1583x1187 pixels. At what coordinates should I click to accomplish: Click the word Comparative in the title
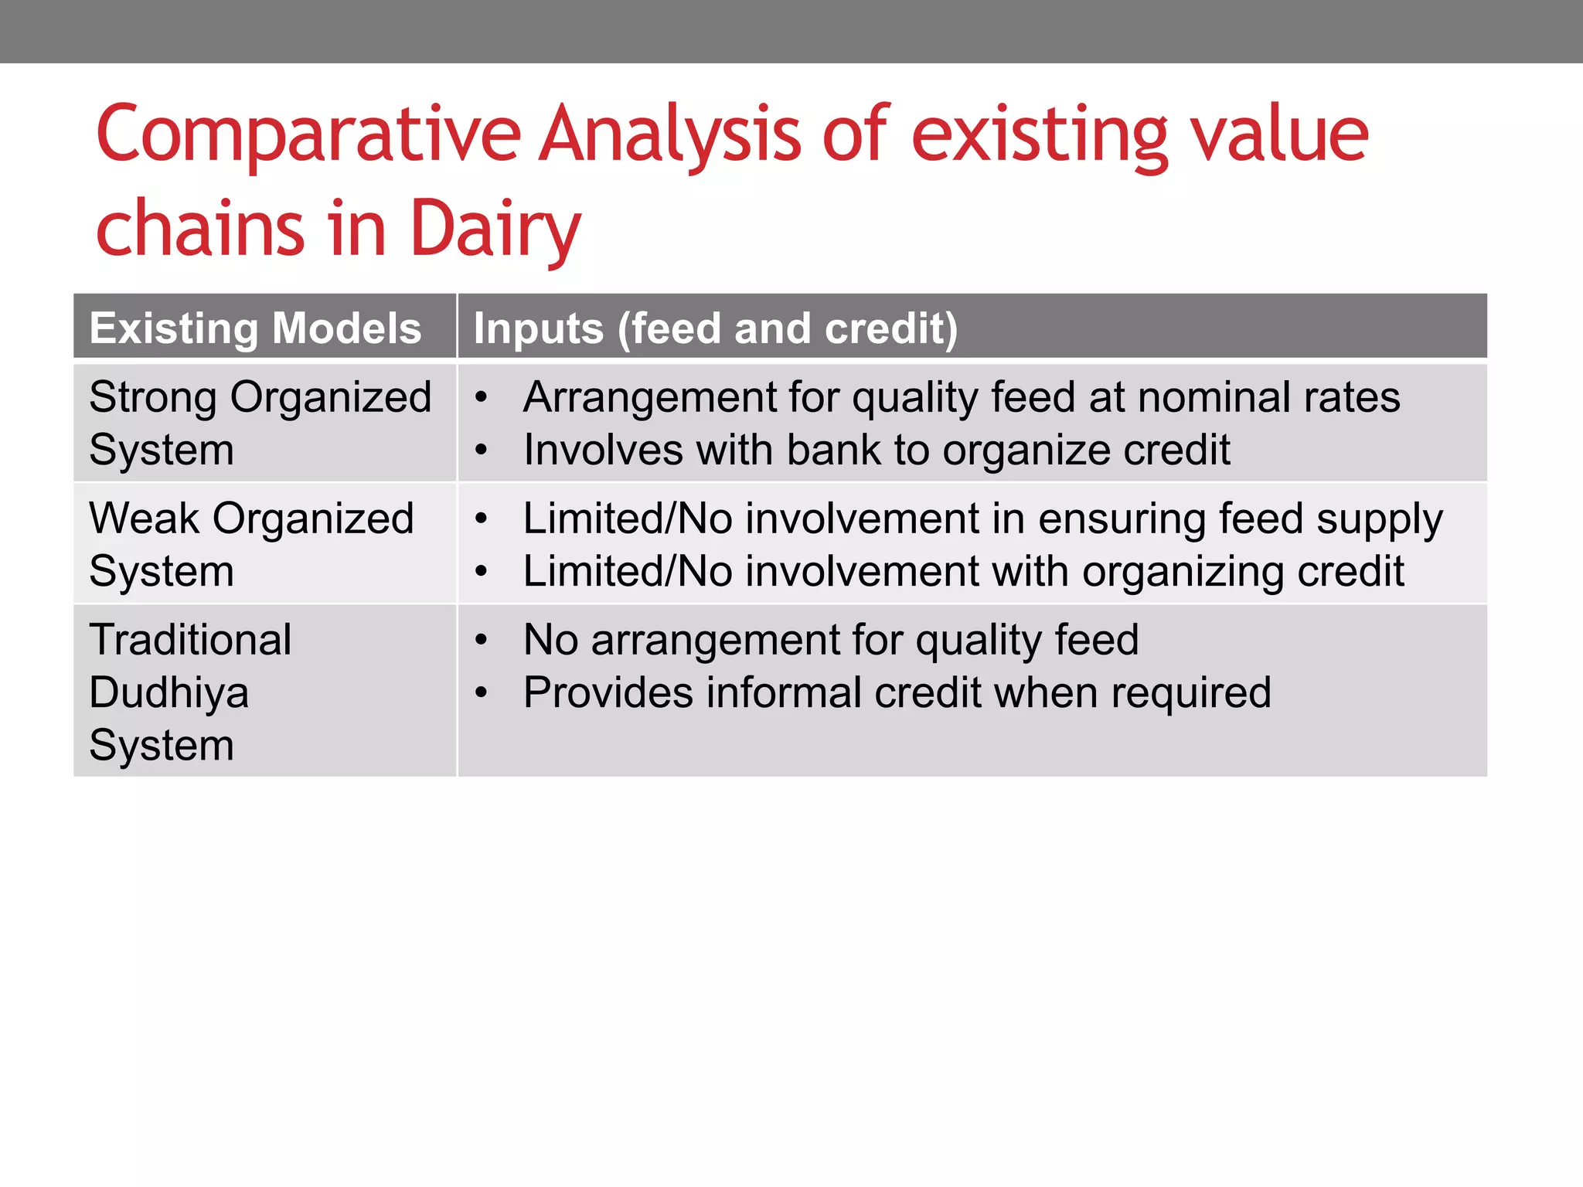[308, 135]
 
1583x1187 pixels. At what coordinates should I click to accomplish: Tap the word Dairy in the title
[495, 229]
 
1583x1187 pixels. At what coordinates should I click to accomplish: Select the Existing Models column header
[255, 328]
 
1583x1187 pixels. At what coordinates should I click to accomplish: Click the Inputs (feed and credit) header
[715, 328]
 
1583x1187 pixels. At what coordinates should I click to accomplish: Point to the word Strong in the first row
[152, 398]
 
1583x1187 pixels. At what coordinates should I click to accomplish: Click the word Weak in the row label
[144, 519]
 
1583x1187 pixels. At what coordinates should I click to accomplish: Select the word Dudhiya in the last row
[169, 692]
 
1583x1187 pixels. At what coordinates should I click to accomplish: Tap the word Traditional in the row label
[190, 640]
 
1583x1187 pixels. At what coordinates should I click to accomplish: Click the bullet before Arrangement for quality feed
[482, 398]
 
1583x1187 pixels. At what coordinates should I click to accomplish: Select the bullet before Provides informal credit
[482, 693]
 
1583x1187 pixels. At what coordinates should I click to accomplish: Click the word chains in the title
[200, 229]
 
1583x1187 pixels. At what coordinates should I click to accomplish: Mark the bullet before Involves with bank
[482, 451]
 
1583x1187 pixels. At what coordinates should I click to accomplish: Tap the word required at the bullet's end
[1190, 693]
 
